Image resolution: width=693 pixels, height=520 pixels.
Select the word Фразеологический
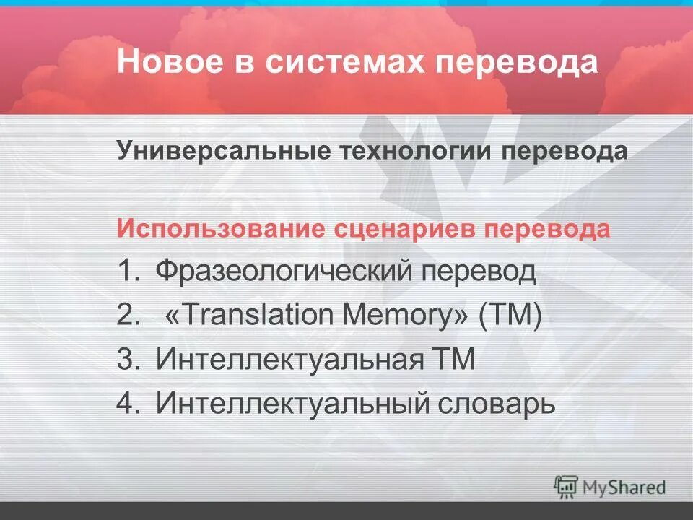(x=285, y=272)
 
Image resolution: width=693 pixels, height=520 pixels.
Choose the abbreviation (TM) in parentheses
(x=510, y=316)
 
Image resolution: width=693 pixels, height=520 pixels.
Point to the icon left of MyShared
(x=567, y=486)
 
